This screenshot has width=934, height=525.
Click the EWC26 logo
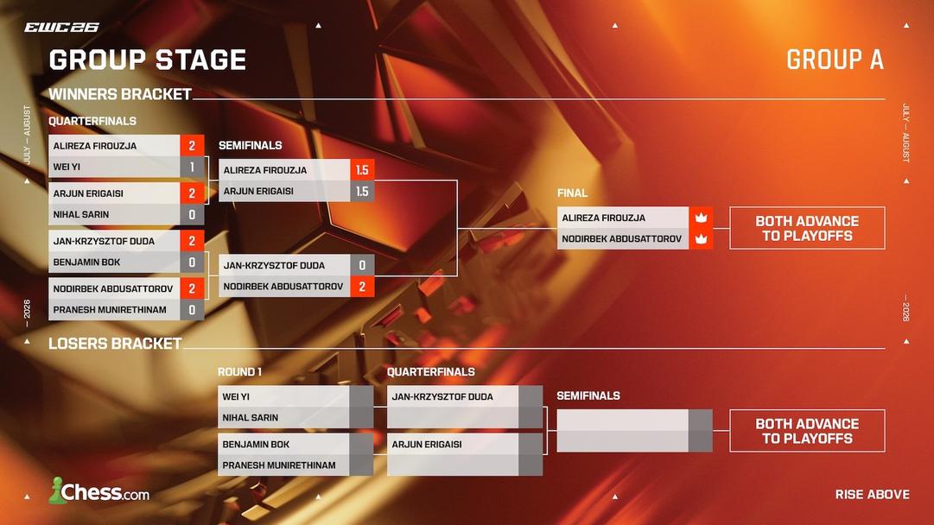[61, 28]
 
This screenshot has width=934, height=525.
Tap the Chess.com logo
[98, 491]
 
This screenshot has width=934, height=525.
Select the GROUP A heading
[835, 60]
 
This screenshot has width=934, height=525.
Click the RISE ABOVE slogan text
[872, 494]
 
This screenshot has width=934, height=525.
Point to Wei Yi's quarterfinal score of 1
[192, 167]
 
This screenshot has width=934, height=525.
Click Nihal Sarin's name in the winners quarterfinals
[81, 214]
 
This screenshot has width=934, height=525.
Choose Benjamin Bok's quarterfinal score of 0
[192, 262]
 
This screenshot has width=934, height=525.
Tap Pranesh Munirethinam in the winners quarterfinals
[110, 309]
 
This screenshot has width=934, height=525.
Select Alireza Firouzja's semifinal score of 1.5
[362, 169]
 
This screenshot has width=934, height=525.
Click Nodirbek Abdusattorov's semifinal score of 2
[362, 287]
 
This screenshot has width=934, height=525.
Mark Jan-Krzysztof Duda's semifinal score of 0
[362, 265]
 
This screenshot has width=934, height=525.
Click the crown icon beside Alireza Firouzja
[701, 218]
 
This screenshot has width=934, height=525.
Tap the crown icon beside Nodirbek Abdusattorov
[701, 238]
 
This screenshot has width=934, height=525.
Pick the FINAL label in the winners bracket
[573, 193]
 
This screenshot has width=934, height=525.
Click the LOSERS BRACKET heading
[115, 344]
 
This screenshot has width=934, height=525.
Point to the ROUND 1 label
[239, 372]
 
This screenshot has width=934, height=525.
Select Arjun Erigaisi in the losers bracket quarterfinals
[427, 444]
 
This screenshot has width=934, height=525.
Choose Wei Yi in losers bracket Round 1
[235, 396]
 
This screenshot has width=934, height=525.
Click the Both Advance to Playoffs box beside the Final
[807, 228]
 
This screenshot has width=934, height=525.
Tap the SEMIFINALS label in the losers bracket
[588, 395]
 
